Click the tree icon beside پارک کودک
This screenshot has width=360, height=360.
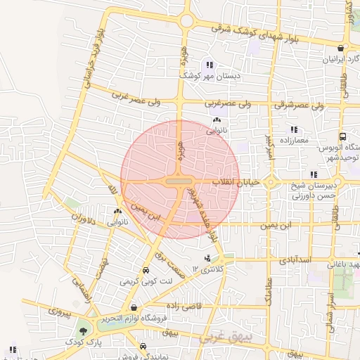coord(84,330)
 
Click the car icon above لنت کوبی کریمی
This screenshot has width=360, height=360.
coord(145,270)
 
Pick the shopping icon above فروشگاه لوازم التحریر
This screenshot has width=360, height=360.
coord(134,307)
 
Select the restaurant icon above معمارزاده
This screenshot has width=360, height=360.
coord(293,130)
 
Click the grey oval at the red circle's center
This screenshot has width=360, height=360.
coord(179,181)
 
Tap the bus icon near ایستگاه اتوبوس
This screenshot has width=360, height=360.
coord(342,136)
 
